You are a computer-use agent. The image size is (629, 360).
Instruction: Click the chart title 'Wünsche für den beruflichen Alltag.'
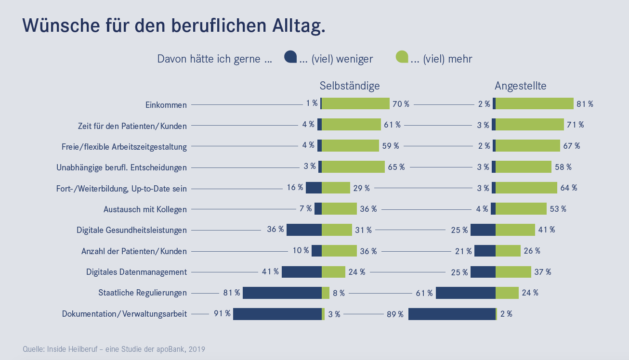pos(174,26)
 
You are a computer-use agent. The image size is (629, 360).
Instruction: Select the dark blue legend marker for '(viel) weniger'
pos(290,57)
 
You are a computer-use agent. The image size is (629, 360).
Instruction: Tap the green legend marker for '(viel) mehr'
pos(402,57)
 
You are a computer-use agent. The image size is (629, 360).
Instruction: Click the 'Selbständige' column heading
pos(350,86)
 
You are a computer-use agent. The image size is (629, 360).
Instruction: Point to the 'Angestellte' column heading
pos(520,86)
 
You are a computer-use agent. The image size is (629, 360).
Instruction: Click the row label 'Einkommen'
pos(166,104)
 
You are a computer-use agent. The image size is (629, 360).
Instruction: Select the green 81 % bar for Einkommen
pos(535,103)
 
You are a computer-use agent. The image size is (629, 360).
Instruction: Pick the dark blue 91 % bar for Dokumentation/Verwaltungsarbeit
pos(277,314)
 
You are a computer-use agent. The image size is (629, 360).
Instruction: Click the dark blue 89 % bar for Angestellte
pos(452,314)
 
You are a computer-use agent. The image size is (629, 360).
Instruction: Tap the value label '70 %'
pos(401,104)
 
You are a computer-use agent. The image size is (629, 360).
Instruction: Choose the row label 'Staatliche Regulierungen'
pos(143,293)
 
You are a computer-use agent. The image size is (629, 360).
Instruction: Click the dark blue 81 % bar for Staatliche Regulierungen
pos(282,293)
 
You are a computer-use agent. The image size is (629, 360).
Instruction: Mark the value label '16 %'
pos(295,187)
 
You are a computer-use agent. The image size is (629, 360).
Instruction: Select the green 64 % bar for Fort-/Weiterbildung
pos(526,188)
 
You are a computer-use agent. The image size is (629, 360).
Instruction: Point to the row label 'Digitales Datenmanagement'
pos(136,272)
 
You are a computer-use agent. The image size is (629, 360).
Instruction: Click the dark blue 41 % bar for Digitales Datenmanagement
pos(301,272)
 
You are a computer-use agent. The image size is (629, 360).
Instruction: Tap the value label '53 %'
pos(558,209)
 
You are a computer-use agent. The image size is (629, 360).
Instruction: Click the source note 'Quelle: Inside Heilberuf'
pos(114,349)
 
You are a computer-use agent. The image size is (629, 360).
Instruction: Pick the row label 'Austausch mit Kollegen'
pos(145,209)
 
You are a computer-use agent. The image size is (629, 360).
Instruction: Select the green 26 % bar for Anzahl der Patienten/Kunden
pos(508,251)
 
